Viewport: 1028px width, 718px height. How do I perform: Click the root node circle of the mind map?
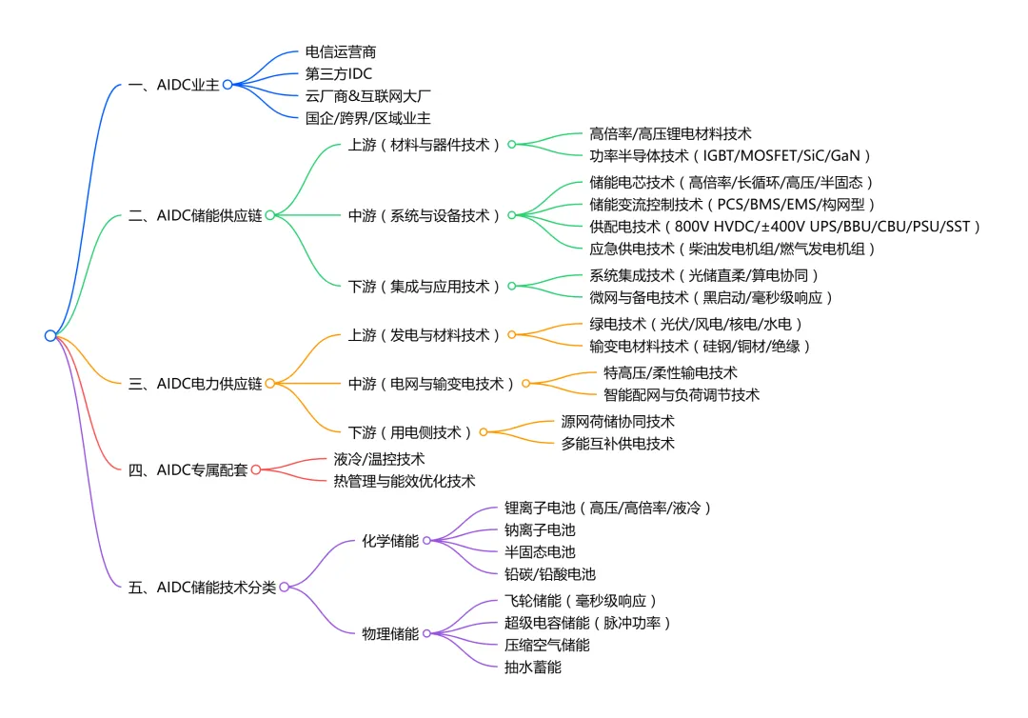coord(50,335)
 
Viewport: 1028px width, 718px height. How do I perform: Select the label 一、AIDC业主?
coord(173,85)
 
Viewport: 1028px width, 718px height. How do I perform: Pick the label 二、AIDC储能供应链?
coord(195,215)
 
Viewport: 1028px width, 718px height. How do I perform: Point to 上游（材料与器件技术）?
coord(425,145)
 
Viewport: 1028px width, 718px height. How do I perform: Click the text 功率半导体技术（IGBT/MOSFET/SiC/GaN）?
coord(731,156)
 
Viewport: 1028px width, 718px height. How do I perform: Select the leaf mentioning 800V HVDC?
coord(785,227)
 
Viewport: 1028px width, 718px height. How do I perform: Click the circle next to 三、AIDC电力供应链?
coord(270,384)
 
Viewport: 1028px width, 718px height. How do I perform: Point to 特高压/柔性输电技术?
coord(670,372)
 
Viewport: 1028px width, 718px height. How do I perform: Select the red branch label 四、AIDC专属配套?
coord(188,469)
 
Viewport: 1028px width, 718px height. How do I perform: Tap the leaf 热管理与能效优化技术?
coord(404,481)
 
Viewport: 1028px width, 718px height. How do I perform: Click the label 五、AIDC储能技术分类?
coord(202,588)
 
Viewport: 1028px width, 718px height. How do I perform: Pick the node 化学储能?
coord(390,541)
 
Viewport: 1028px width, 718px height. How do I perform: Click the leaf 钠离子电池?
coord(540,529)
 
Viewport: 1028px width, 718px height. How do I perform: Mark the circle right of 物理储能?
coord(427,633)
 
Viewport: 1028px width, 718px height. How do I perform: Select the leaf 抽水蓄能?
coord(533,667)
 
